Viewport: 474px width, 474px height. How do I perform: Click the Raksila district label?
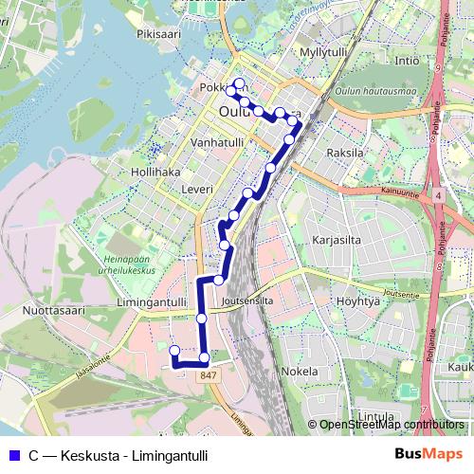click(345, 152)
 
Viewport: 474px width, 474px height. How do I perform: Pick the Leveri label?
click(196, 190)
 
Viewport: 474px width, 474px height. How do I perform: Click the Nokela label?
click(300, 372)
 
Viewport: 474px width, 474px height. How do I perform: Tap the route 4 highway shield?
click(440, 194)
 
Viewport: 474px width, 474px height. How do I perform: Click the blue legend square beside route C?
click(11, 454)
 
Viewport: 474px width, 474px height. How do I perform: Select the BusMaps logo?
click(428, 454)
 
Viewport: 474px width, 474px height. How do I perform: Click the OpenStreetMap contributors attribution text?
click(391, 425)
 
